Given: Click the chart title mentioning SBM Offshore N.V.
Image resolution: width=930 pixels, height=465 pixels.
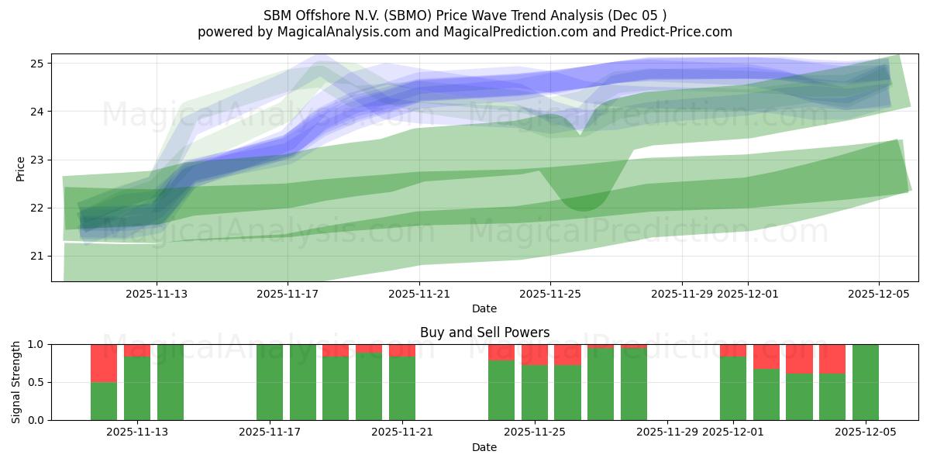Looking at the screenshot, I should coord(464,15).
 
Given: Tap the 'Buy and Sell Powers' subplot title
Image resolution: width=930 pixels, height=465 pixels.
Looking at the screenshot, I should coord(484,332).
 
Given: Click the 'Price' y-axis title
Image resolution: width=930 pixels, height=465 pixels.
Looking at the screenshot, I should coord(20,169).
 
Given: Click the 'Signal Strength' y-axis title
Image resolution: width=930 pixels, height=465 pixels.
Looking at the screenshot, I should coord(16,382).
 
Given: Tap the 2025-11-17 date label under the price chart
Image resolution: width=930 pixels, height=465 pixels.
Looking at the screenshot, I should coord(288,294).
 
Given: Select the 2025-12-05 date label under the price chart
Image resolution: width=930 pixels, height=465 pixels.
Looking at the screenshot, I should coord(879,294).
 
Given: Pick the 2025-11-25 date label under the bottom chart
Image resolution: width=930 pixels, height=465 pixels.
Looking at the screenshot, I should coord(535,432).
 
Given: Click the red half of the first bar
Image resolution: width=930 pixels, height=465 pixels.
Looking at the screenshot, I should coord(104,363).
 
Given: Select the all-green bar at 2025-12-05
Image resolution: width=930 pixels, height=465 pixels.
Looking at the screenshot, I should coord(866,382).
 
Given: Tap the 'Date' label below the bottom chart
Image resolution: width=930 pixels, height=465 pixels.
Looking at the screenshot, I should coord(484,447).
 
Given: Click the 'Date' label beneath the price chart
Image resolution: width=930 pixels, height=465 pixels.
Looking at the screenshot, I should coord(484,308).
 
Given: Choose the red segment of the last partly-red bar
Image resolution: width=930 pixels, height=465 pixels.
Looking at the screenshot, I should coord(832,359).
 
